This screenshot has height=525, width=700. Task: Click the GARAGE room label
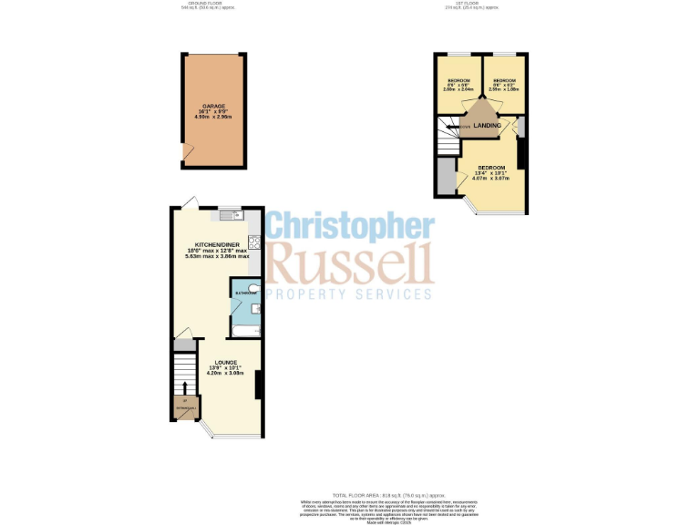(x=214, y=106)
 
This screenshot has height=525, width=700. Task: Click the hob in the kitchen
(x=256, y=242)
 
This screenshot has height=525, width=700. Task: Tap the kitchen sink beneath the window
(x=229, y=216)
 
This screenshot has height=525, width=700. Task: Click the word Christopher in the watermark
(x=350, y=228)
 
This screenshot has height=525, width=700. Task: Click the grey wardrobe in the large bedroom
(x=444, y=177)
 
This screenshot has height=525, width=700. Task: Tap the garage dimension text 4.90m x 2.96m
(x=214, y=118)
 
